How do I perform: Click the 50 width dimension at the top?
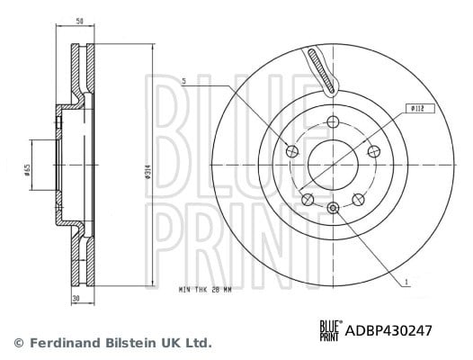tap(80, 21)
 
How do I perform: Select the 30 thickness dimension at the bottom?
tap(76, 299)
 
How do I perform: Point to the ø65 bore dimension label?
tap(27, 170)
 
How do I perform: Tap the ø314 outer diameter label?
tap(147, 173)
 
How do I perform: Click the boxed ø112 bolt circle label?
tap(420, 109)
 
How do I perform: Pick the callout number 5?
tap(184, 81)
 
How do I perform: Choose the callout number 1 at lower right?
tap(406, 282)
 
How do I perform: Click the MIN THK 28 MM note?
tap(205, 290)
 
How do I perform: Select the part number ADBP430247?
tap(388, 330)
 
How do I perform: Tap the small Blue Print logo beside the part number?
tap(331, 330)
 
